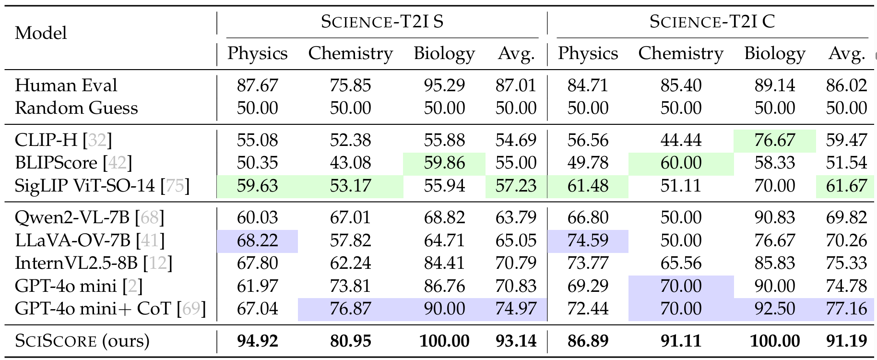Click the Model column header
(x=41, y=33)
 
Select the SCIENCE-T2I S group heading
(x=382, y=22)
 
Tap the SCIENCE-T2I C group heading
(x=712, y=22)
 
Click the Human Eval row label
(x=66, y=85)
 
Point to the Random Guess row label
(x=76, y=108)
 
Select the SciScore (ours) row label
(x=82, y=341)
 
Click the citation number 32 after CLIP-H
(x=97, y=140)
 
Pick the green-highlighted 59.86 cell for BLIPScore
(x=444, y=163)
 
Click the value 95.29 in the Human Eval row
(x=444, y=85)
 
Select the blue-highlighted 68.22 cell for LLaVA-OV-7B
(x=257, y=240)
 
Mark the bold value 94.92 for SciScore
(x=257, y=341)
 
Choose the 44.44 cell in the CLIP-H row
(x=681, y=140)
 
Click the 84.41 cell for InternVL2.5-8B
(x=444, y=264)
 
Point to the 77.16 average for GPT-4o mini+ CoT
(x=846, y=309)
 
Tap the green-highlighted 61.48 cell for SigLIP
(x=588, y=186)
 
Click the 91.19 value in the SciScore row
(x=846, y=341)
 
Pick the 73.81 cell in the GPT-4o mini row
(x=350, y=286)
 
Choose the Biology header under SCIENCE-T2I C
(x=774, y=53)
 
